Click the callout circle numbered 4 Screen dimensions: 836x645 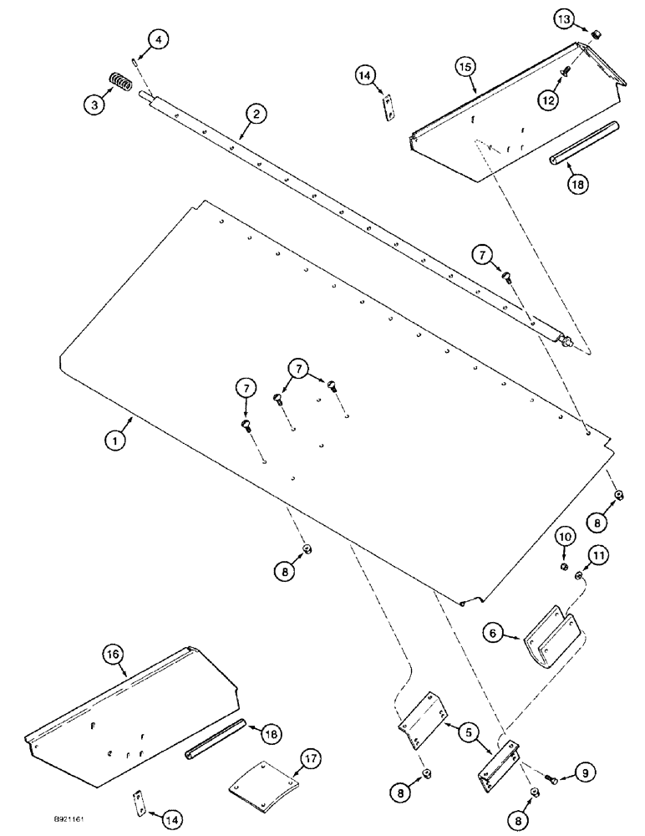[x=160, y=38]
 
